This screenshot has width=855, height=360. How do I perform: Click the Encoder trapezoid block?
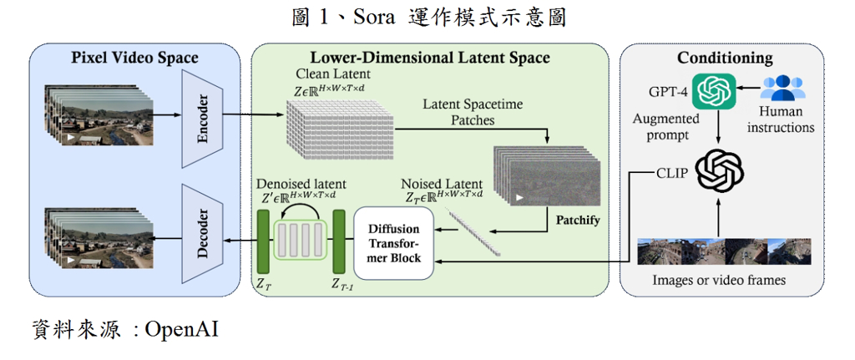click(x=203, y=118)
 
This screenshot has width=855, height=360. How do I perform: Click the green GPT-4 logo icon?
click(x=715, y=90)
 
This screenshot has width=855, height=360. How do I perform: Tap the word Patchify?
click(x=578, y=221)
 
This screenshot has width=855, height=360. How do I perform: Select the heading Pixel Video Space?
click(x=134, y=58)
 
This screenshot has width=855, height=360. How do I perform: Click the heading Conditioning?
click(x=725, y=58)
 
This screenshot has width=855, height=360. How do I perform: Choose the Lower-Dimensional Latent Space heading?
click(x=430, y=58)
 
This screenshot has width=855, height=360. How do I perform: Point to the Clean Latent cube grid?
click(x=339, y=128)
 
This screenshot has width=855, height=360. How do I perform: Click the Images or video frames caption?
click(x=719, y=281)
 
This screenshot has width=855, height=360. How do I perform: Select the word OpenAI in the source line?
click(x=181, y=330)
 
